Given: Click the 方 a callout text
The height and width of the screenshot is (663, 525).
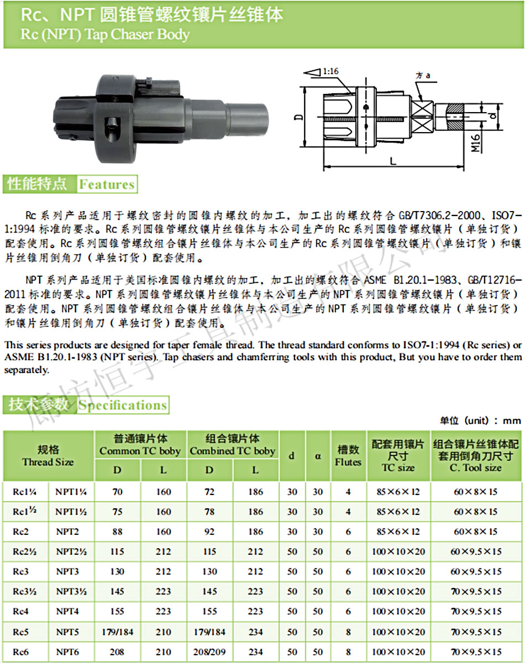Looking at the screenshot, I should click(x=423, y=75).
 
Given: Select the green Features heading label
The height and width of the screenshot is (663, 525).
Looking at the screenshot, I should click(x=107, y=185).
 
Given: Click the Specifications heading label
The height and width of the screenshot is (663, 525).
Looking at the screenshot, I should click(x=122, y=405).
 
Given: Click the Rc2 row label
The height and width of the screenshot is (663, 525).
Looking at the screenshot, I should click(x=20, y=532).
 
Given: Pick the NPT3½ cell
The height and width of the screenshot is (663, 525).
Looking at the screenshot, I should click(x=71, y=592).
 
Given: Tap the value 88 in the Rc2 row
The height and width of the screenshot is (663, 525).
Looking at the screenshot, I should click(x=118, y=532).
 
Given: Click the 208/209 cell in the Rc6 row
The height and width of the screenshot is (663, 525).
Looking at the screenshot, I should click(x=210, y=652).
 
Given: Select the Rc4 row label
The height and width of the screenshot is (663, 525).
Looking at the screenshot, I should click(x=20, y=612).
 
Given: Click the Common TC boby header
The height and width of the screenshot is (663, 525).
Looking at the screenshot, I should click(x=140, y=445).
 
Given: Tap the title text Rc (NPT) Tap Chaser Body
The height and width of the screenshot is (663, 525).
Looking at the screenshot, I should click(x=105, y=35).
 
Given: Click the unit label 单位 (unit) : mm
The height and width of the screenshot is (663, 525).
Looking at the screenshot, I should click(x=480, y=420).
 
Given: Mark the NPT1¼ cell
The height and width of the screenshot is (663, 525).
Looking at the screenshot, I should click(x=71, y=491).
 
